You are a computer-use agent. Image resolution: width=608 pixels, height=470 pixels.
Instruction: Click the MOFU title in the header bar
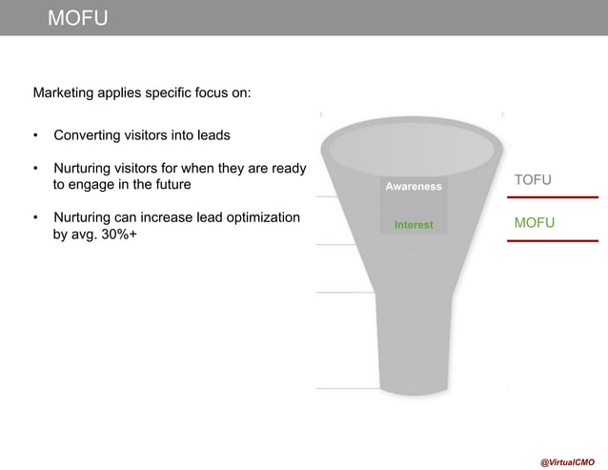click(x=78, y=18)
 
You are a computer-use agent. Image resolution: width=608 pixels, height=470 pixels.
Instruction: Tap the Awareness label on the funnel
click(x=414, y=187)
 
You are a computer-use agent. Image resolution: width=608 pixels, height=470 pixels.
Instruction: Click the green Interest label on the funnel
click(x=414, y=225)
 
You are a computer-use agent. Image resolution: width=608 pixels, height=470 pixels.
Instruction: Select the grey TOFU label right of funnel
click(x=534, y=180)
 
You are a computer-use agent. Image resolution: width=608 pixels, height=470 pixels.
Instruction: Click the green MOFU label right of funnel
click(x=535, y=223)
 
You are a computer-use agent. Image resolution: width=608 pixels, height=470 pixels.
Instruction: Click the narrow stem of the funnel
click(x=414, y=343)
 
